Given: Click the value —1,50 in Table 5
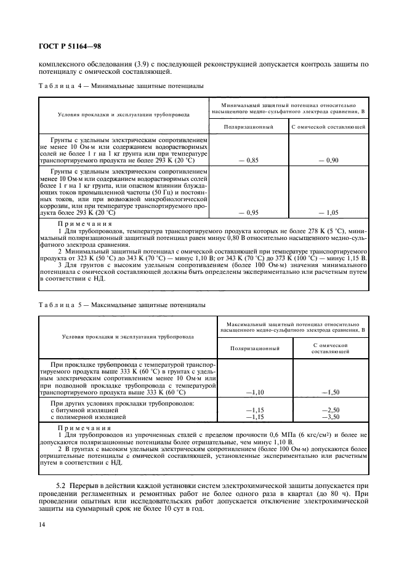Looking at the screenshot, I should pyautogui.click(x=331, y=391).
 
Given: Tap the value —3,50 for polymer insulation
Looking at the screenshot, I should pyautogui.click(x=331, y=417).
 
